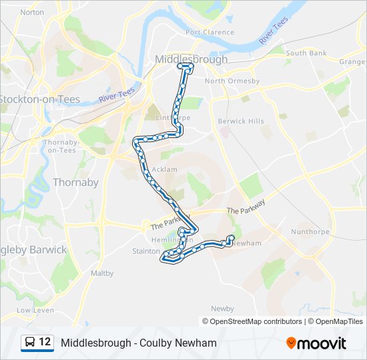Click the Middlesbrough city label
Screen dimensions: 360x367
pos(191,59)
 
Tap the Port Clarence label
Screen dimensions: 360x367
pos(210,32)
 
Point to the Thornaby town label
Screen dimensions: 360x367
pos(75,182)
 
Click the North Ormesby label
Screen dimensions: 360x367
pos(232,81)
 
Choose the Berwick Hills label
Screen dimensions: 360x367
pos(241,121)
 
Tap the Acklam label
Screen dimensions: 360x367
pos(165,169)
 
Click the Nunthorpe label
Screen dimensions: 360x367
pos(310,232)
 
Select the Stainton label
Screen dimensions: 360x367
pos(147,251)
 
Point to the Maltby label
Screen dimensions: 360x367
pos(102,273)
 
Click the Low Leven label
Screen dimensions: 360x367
pos(35,310)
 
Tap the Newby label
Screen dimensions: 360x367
pos(222,309)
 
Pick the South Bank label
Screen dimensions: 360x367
pos(306,53)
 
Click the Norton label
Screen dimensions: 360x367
pos(32,12)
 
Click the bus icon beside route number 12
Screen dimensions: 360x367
pos(30,343)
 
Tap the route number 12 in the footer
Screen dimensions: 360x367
pos(45,343)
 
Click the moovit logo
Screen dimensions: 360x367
pos(316,343)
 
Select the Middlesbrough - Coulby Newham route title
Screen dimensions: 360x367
pos(139,343)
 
